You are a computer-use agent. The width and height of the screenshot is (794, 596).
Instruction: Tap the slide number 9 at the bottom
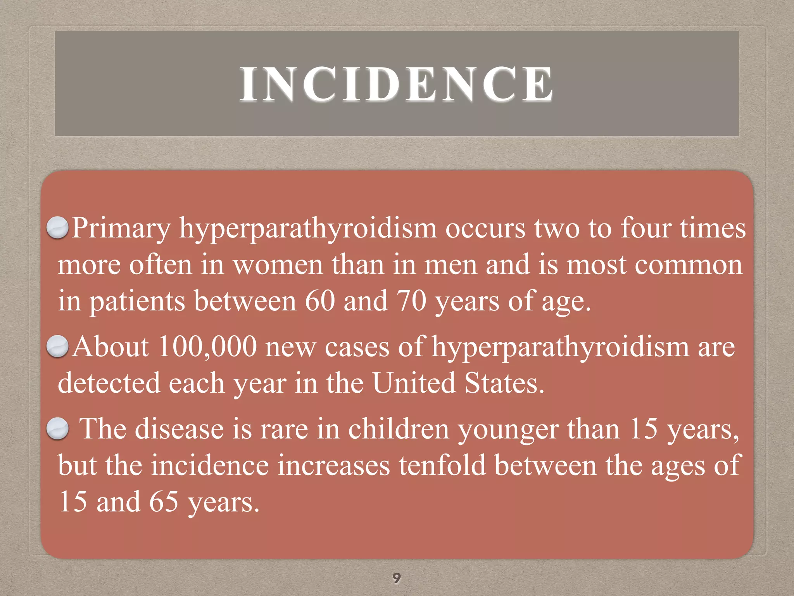click(396, 578)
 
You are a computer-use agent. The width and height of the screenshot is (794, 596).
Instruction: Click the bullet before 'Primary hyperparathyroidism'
click(58, 228)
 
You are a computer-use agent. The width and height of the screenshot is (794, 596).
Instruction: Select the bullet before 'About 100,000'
click(58, 346)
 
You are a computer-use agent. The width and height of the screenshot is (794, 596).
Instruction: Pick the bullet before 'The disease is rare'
click(58, 429)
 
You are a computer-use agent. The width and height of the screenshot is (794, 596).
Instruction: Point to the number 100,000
click(207, 347)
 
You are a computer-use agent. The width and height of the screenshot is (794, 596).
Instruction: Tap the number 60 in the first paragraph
click(320, 301)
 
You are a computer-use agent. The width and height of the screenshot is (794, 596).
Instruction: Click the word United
click(414, 383)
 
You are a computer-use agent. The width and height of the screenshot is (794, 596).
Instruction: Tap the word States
click(504, 383)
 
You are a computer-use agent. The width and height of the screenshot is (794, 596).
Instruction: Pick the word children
click(399, 430)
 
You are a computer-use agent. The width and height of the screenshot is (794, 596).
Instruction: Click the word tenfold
click(442, 466)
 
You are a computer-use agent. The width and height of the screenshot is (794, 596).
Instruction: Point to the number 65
click(164, 502)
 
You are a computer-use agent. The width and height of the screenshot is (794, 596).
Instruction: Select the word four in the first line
click(646, 228)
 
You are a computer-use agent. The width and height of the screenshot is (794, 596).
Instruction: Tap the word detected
click(109, 383)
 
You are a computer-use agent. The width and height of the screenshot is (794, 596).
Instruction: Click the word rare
click(284, 430)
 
